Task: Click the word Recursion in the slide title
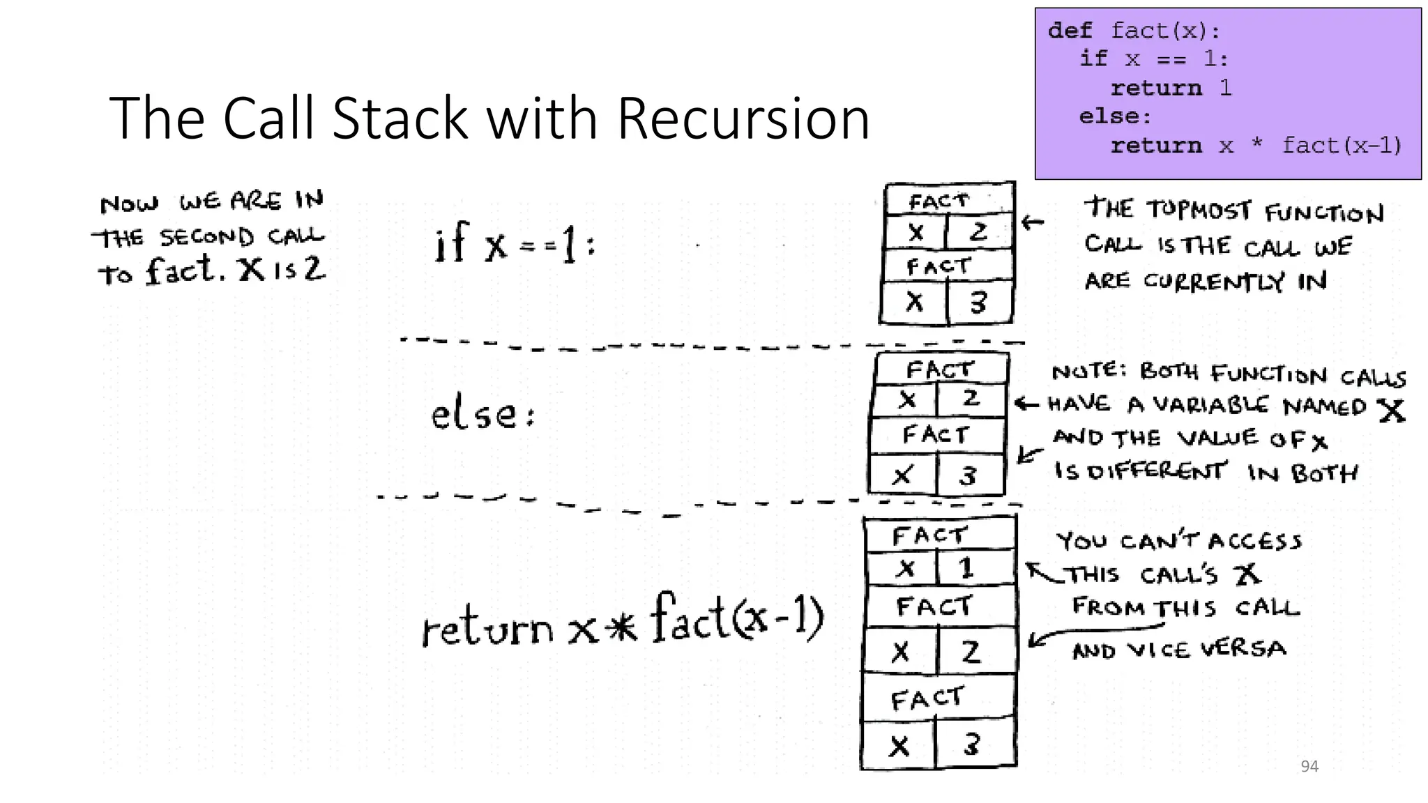click(x=743, y=118)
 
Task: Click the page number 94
click(x=1309, y=767)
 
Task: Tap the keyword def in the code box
click(x=1070, y=31)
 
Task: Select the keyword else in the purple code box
click(x=1114, y=116)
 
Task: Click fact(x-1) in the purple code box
click(x=1342, y=145)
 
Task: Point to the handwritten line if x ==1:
click(x=515, y=244)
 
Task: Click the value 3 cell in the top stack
click(x=979, y=303)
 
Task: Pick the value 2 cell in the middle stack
click(x=971, y=399)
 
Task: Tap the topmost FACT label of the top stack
click(x=939, y=201)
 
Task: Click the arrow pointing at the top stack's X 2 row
click(x=1033, y=223)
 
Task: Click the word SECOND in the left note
click(x=207, y=237)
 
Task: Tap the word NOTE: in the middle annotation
click(x=1089, y=371)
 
